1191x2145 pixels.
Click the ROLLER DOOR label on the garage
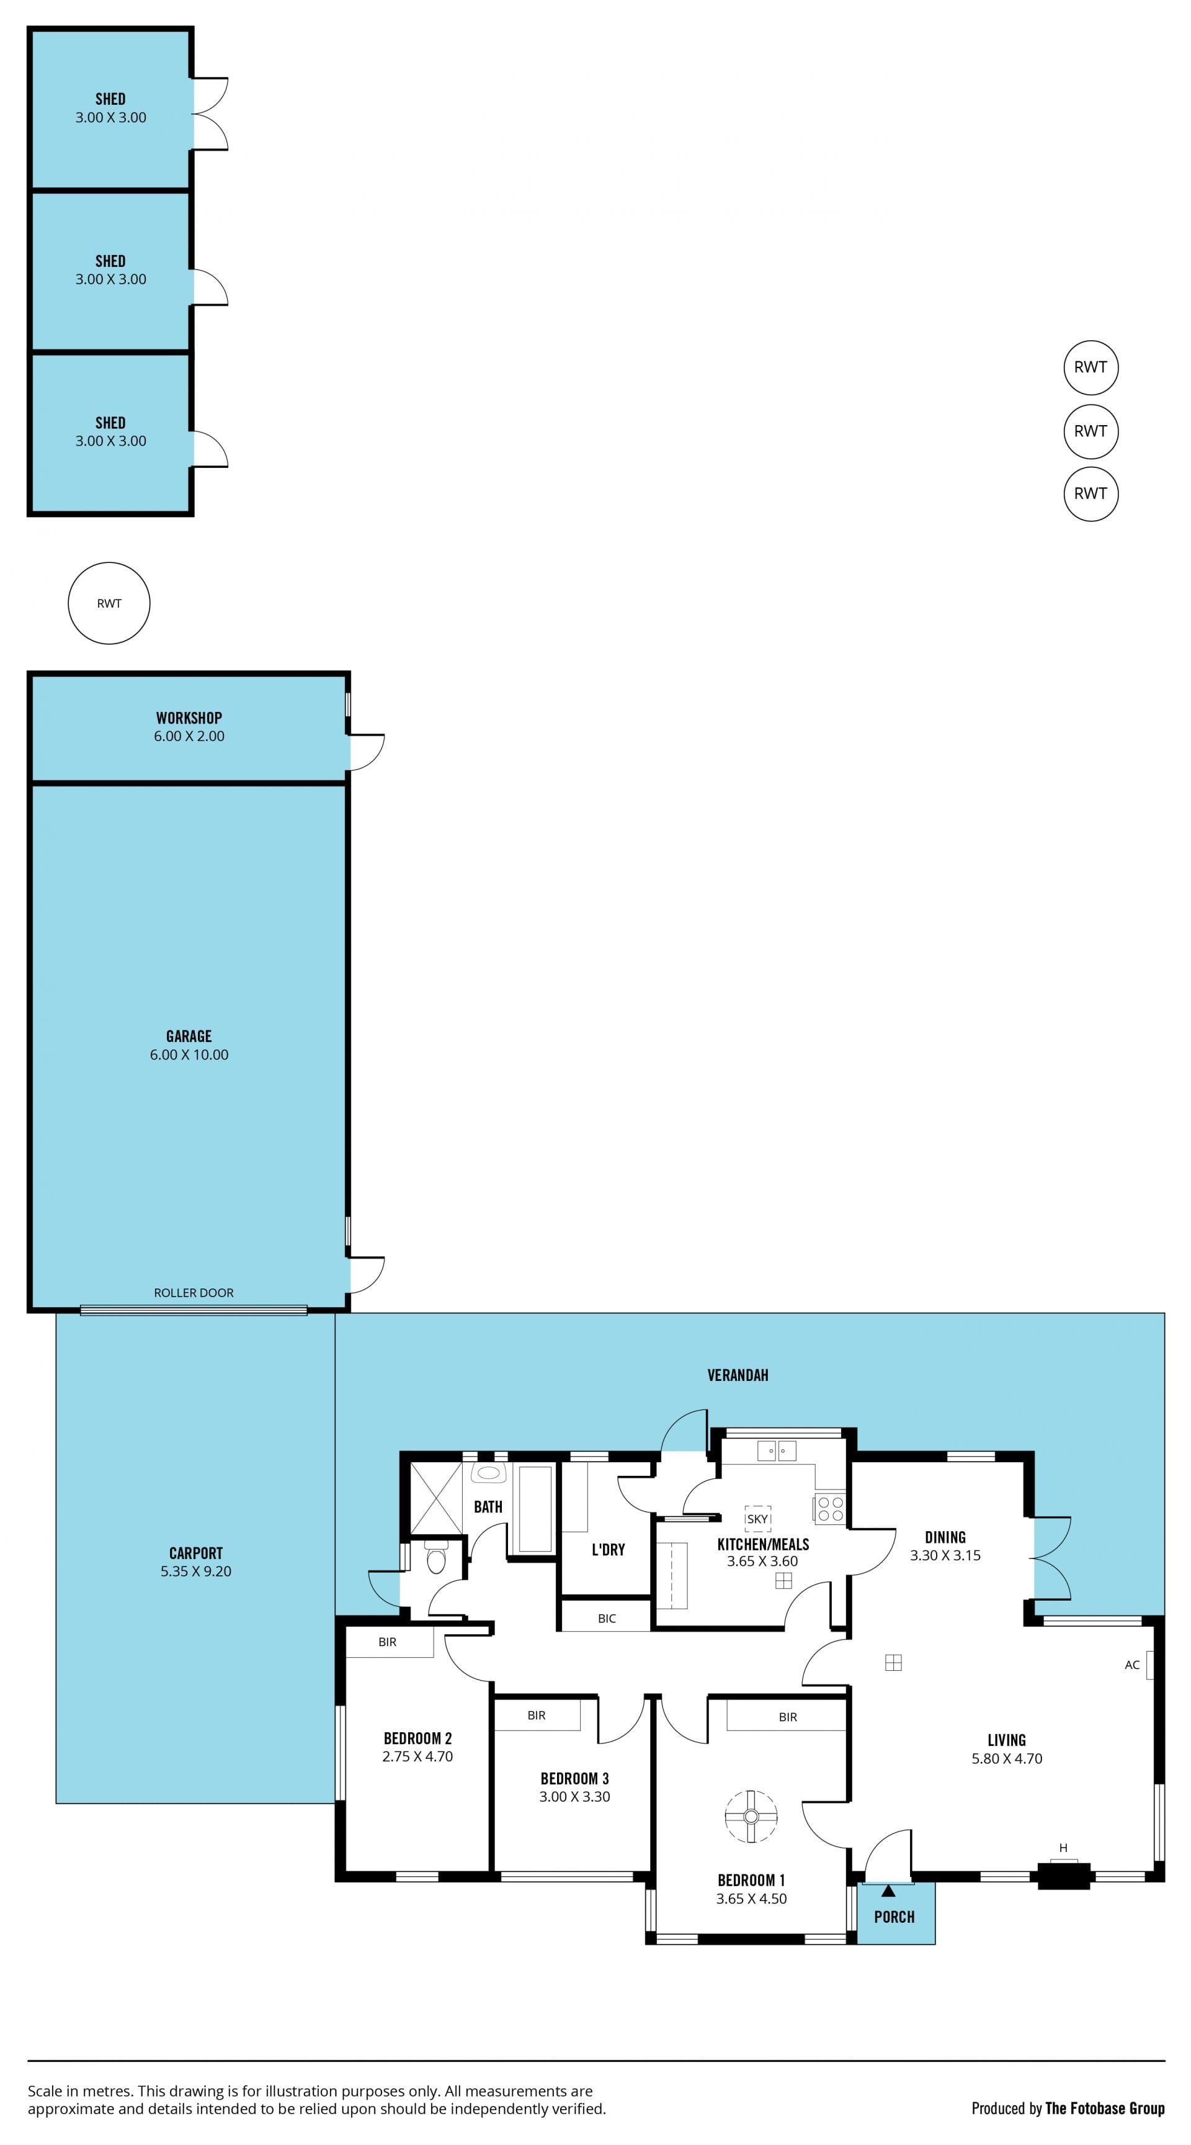click(x=193, y=1292)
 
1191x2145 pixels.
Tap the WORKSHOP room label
click(x=189, y=717)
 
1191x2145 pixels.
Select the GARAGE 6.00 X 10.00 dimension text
click(x=189, y=1054)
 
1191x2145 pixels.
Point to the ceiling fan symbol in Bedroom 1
click(x=751, y=1817)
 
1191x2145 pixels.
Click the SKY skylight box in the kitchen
click(x=757, y=1519)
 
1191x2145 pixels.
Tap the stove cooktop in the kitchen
click(x=830, y=1509)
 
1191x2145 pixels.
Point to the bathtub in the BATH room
click(x=535, y=1508)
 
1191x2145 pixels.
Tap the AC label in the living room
click(x=1132, y=1665)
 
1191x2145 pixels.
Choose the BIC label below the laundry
click(x=607, y=1619)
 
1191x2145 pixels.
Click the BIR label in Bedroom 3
click(x=536, y=1716)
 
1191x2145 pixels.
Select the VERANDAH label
click(x=738, y=1375)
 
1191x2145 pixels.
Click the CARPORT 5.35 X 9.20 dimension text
click(x=195, y=1572)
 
